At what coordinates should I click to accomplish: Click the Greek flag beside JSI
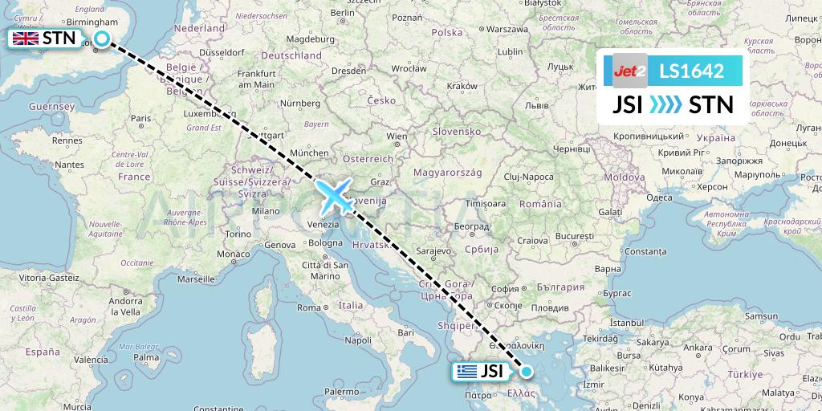coord(465,371)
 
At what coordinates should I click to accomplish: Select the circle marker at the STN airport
coord(102,39)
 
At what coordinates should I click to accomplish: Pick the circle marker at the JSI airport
coord(527,371)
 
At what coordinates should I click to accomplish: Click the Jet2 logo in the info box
coord(629,71)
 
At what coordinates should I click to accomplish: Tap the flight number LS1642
coord(691,71)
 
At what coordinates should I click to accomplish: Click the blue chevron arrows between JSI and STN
coord(665,104)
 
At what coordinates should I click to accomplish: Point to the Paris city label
coord(141,119)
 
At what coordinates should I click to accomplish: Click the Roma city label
coord(309,307)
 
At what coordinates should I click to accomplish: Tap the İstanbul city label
coord(628,321)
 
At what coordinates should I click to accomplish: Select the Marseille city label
coord(199,280)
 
